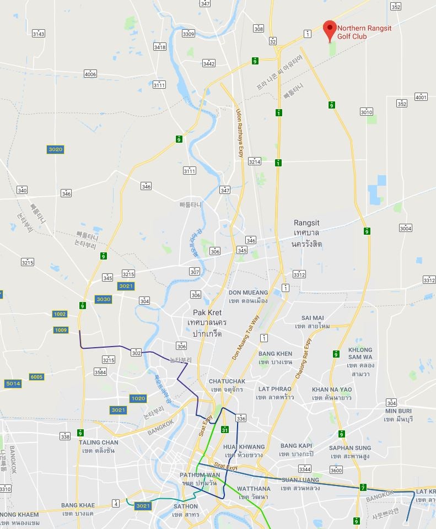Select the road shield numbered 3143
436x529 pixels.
(38, 34)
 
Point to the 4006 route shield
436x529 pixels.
(90, 74)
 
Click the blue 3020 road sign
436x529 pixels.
(55, 149)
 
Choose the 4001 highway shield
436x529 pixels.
(421, 98)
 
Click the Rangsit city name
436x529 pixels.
(306, 223)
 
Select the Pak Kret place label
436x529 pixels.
(199, 312)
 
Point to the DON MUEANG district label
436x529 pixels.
(248, 293)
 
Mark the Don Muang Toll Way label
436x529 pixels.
(247, 337)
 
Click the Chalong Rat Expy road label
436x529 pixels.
(303, 358)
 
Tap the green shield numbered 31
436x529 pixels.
(224, 430)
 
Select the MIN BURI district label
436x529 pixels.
(399, 411)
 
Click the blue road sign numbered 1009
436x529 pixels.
(61, 330)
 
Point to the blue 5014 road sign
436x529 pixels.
(13, 384)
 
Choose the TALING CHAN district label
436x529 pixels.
(98, 442)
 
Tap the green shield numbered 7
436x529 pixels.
(363, 487)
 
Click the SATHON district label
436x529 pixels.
(185, 506)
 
